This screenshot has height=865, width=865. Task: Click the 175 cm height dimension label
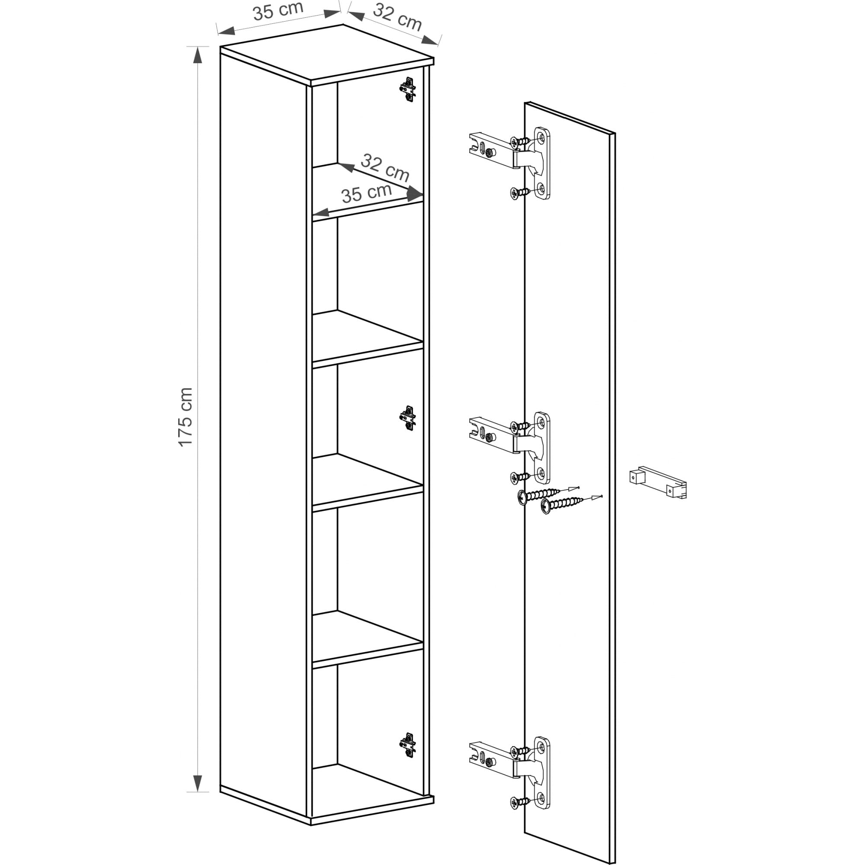coord(185,417)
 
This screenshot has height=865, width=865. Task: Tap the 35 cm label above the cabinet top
coord(278,11)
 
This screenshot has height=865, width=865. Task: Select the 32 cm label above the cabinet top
coord(397,17)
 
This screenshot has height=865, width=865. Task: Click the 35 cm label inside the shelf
coord(367,192)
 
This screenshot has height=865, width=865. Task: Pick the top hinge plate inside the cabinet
coord(407,90)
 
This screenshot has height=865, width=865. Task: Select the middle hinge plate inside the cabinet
coord(407,418)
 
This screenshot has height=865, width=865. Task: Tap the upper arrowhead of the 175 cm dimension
coord(198,54)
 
